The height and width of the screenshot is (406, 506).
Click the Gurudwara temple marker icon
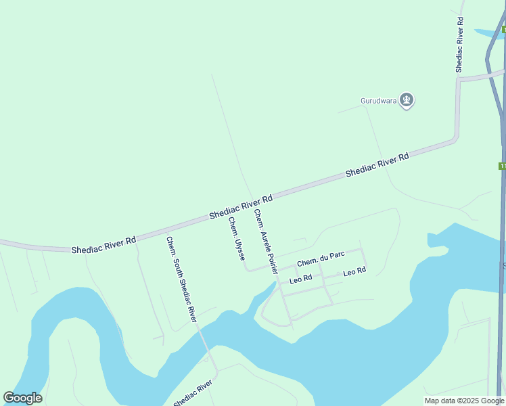coord(407,101)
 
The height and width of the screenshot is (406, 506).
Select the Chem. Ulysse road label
coord(236,240)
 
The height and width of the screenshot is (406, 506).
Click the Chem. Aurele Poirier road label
coord(266,241)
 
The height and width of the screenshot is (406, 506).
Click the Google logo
coord(23,398)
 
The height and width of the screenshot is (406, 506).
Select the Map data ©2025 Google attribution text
coord(465,401)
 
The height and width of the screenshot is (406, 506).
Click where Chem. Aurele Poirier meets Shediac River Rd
coord(256,204)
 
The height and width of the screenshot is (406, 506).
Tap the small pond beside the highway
coord(488,33)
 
